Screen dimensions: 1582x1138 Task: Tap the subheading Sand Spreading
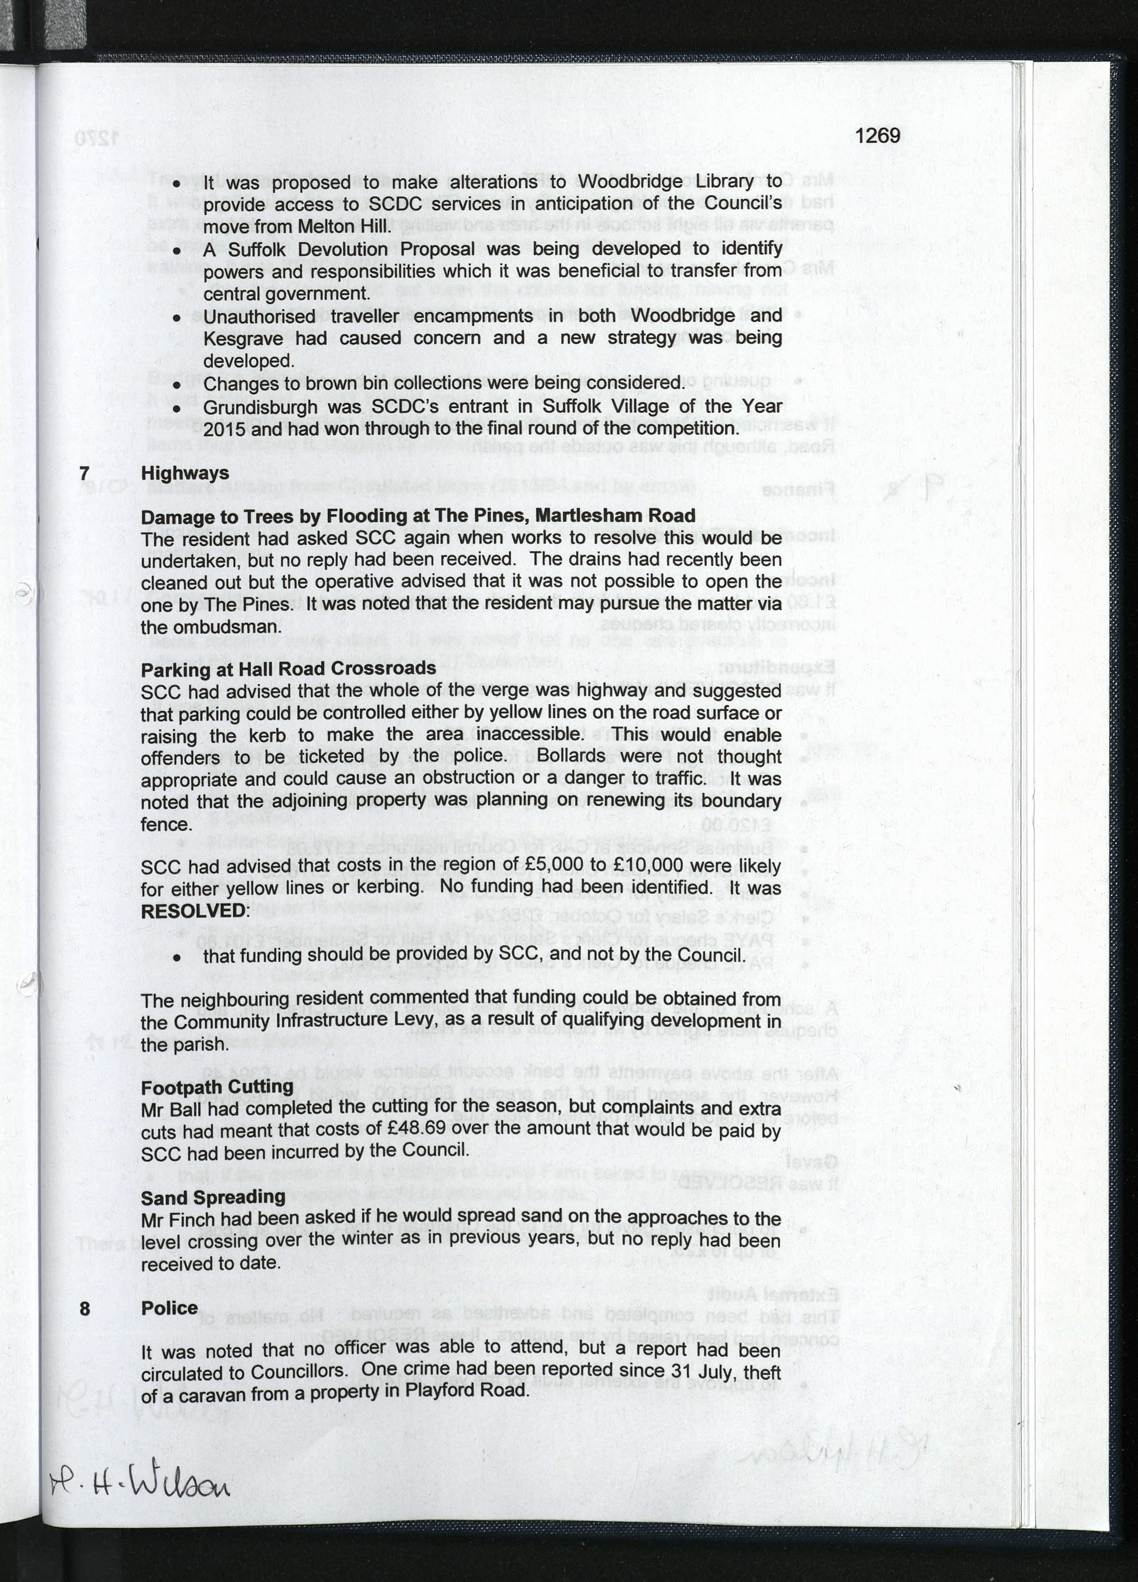pyautogui.click(x=213, y=1197)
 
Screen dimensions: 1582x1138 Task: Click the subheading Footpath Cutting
pyautogui.click(x=217, y=1087)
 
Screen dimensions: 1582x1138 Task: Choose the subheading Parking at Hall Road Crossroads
pyautogui.click(x=288, y=668)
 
